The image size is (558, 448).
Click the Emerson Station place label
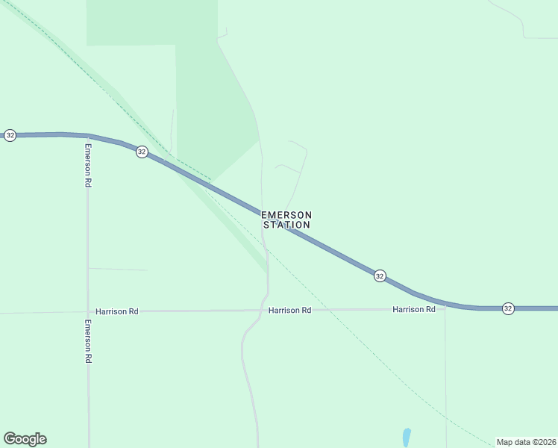[x=286, y=220]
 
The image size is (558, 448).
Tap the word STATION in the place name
[x=286, y=225]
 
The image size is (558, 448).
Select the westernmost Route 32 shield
[x=10, y=135]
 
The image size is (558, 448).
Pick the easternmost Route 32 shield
[x=507, y=308]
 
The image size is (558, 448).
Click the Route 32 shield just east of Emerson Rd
[x=142, y=152]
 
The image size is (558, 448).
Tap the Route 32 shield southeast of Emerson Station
[x=380, y=276]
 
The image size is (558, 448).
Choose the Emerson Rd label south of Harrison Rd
[x=87, y=341]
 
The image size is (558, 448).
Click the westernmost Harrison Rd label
[x=117, y=311]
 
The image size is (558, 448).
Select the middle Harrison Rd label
[x=289, y=310]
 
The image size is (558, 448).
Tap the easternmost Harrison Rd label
[x=414, y=309]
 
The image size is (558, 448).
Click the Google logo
[x=25, y=439]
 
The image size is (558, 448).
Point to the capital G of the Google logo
[x=10, y=439]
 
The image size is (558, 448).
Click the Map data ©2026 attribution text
[x=527, y=442]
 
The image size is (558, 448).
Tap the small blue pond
[x=407, y=436]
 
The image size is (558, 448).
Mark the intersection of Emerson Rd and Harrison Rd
[x=88, y=311]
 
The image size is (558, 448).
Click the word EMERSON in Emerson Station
[x=286, y=215]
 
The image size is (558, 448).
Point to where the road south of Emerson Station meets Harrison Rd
[x=268, y=310]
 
